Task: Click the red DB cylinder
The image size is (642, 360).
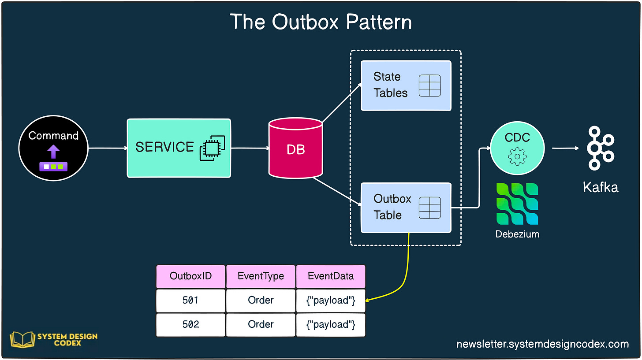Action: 295,148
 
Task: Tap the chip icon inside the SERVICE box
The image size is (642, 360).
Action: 213,148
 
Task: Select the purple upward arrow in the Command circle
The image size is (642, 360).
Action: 53,152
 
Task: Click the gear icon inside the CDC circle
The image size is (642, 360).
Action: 517,156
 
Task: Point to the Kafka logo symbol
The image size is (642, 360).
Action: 601,148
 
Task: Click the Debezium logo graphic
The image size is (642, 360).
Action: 517,204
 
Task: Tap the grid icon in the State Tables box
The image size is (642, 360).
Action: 429,85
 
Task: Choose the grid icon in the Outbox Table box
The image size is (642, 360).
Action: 429,208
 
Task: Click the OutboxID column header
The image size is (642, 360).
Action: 190,276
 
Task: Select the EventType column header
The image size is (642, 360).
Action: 261,276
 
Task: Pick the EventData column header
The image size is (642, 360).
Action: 331,276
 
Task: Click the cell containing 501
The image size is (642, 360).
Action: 190,301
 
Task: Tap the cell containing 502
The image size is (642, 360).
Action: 190,325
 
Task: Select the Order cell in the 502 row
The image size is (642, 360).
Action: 261,325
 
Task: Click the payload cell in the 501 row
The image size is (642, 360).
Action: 331,301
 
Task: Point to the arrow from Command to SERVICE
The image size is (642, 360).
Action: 108,148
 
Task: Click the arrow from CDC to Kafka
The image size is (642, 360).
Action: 565,148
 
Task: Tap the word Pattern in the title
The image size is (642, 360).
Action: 379,22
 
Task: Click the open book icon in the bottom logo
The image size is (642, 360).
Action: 22,340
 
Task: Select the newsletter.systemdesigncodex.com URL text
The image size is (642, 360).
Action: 542,344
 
